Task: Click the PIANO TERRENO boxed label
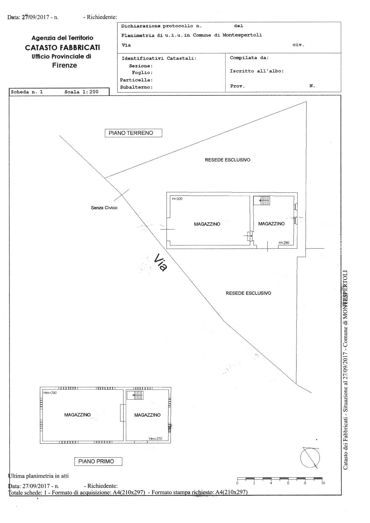coord(133,133)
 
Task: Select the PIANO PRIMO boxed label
coord(98,461)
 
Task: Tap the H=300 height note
coord(177,199)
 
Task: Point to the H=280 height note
coord(284,243)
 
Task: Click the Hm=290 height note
coord(50,393)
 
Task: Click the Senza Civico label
coord(104,208)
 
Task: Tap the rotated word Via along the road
coord(160,262)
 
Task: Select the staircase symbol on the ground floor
coord(262,201)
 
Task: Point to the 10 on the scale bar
coord(323,483)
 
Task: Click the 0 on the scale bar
coord(237,483)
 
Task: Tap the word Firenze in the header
coord(65,65)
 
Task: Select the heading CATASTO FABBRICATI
coord(62,48)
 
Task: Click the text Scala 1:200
coord(81,92)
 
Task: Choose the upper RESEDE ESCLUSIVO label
coord(228,160)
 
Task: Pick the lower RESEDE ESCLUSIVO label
coord(248,293)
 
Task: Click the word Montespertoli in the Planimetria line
coord(242,35)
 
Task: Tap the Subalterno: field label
coord(137,87)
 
